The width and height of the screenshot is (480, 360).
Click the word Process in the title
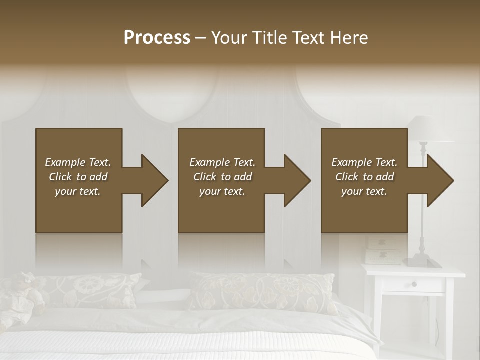coord(157,38)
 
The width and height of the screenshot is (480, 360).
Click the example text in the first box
coord(78,177)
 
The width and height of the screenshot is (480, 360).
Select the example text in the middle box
coord(222,177)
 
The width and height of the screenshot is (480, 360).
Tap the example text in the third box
coord(364,177)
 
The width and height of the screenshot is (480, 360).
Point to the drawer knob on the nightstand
coord(414,284)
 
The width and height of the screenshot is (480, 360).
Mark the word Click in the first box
coord(61,177)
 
